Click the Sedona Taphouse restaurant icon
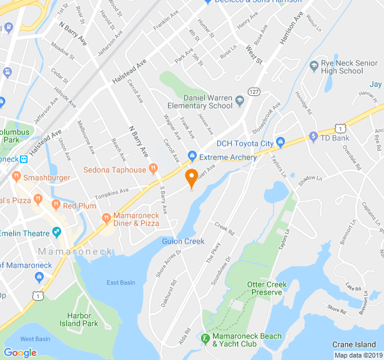click(154, 170)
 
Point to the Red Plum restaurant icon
click(56, 205)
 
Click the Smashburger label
click(47, 178)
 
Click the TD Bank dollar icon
click(313, 137)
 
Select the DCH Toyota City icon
click(280, 143)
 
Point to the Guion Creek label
click(183, 241)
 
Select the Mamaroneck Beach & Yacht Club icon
click(205, 339)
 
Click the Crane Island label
click(355, 344)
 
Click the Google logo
click(20, 352)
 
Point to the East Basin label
click(121, 283)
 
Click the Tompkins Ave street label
click(112, 192)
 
